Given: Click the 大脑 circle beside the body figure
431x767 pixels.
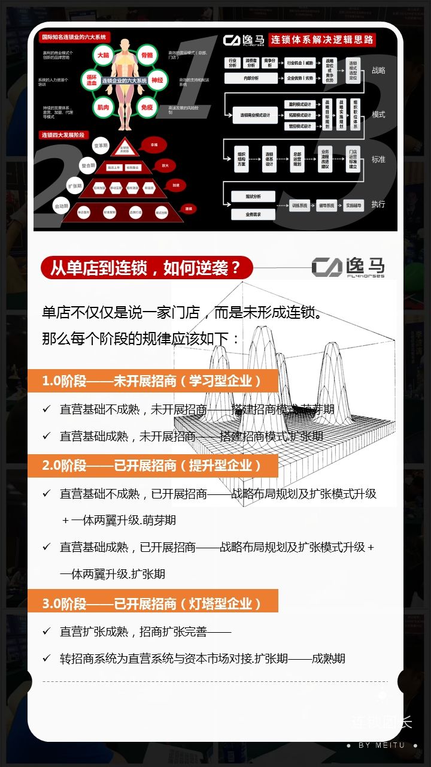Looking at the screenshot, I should click(x=103, y=55).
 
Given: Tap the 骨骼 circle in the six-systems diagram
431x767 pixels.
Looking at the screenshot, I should click(x=147, y=55).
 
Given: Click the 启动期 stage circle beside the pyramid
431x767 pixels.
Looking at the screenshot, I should click(x=62, y=206).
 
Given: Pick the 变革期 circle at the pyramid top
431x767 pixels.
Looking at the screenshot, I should click(x=100, y=146).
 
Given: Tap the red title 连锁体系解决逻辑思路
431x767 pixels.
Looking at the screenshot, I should click(x=322, y=40).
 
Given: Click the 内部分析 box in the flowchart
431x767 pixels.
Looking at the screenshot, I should click(x=251, y=78).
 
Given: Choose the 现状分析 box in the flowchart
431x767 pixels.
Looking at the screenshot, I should click(x=251, y=197).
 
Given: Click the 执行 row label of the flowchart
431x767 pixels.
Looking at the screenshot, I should click(x=378, y=204).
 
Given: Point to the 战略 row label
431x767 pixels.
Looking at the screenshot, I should click(x=378, y=70).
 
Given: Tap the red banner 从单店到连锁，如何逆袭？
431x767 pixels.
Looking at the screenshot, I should click(x=146, y=268).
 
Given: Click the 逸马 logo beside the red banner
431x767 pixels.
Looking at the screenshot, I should click(x=348, y=267).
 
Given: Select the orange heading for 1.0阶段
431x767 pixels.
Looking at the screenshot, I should click(x=153, y=381).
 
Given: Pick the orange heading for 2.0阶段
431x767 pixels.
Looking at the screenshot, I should click(x=153, y=465).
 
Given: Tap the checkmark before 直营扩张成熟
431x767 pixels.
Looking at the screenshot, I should click(x=46, y=631).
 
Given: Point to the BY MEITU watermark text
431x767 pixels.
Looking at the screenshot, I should click(x=381, y=745).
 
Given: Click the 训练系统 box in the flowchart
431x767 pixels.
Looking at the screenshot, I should click(x=300, y=206).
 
